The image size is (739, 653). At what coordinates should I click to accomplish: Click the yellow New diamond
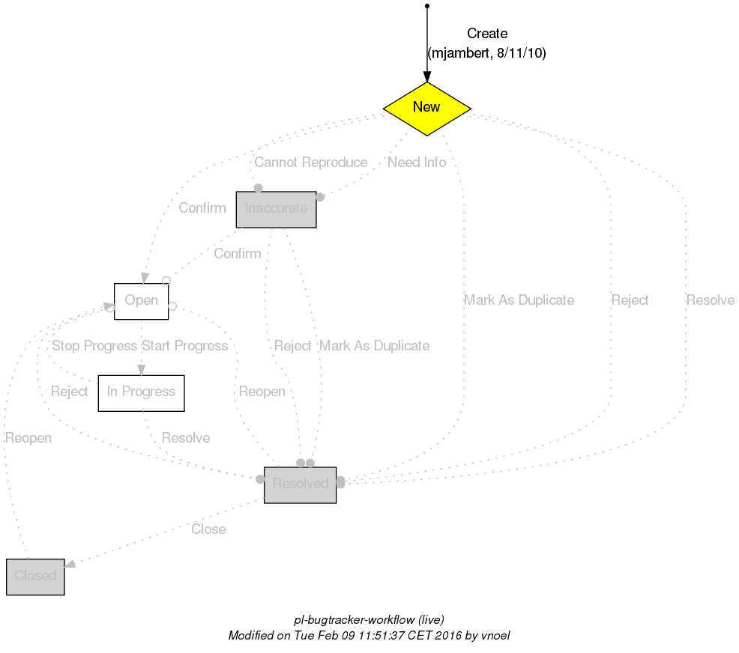426,108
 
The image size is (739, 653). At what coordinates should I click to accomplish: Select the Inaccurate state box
276,209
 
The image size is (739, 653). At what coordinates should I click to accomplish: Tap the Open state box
141,301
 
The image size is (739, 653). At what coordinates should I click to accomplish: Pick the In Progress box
141,392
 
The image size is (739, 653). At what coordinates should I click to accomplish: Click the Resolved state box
300,485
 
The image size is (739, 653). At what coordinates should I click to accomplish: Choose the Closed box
35,576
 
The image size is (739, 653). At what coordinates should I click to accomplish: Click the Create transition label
487,34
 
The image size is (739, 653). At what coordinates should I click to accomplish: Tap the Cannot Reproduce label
310,163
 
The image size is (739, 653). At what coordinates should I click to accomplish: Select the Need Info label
417,163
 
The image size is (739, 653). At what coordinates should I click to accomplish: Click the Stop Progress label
94,346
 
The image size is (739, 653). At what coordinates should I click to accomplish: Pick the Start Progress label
184,346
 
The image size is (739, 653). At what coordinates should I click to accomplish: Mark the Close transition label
208,529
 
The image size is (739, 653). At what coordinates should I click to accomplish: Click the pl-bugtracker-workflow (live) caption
369,620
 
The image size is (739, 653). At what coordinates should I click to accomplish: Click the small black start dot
426,6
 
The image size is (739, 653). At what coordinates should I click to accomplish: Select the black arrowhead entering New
426,77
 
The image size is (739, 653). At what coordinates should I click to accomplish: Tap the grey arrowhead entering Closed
70,566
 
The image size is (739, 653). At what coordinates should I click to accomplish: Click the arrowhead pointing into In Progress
141,369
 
